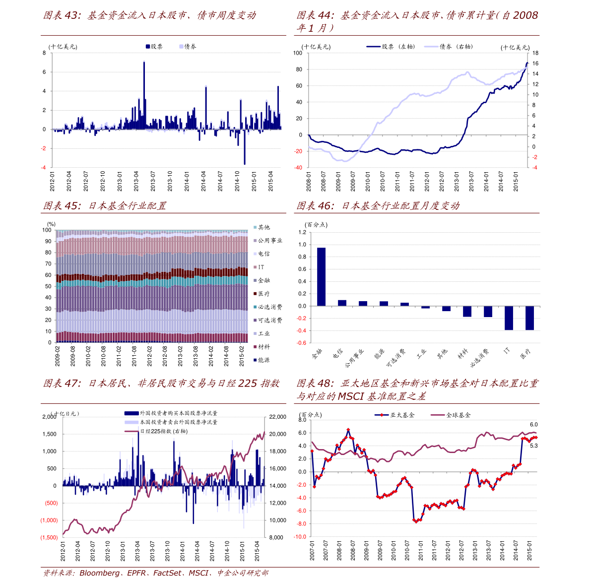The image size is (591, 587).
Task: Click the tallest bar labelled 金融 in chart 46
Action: pyautogui.click(x=321, y=276)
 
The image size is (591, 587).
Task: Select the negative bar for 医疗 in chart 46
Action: pyautogui.click(x=529, y=318)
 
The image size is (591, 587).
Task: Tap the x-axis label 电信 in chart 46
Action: pyautogui.click(x=337, y=353)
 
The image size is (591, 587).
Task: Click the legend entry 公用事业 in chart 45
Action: pyautogui.click(x=270, y=241)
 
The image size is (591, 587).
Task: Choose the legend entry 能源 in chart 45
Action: pyautogui.click(x=264, y=360)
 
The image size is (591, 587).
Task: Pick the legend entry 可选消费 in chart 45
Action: pyautogui.click(x=270, y=321)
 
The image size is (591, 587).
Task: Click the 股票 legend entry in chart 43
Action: pyautogui.click(x=154, y=47)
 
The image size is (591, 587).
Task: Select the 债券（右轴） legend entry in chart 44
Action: pyautogui.click(x=456, y=47)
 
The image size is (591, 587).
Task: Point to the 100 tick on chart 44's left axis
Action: pyautogui.click(x=298, y=53)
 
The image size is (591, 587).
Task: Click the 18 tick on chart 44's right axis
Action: pyautogui.click(x=535, y=53)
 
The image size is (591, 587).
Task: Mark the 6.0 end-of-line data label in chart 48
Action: pyautogui.click(x=533, y=425)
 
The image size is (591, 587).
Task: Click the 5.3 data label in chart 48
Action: pyautogui.click(x=533, y=446)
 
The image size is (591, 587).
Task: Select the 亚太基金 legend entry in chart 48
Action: pyautogui.click(x=401, y=415)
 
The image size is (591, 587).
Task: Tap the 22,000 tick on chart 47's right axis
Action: pyautogui.click(x=277, y=417)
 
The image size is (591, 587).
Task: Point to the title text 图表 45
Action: pyautogui.click(x=62, y=206)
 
